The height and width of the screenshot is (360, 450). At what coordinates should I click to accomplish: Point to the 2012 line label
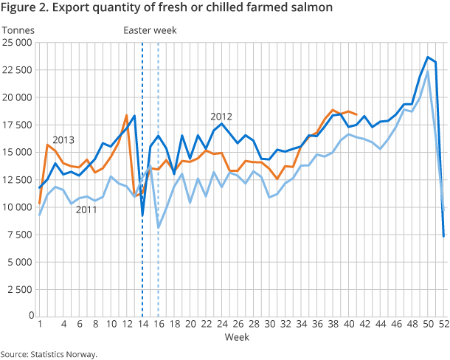(x=221, y=117)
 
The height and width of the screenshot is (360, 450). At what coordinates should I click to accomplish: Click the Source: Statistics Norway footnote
(x=49, y=354)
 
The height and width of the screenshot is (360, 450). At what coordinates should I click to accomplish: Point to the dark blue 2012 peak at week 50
(x=428, y=57)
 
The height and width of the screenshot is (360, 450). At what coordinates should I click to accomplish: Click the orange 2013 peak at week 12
(x=127, y=115)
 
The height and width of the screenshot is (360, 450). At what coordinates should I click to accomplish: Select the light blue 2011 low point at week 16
(x=159, y=227)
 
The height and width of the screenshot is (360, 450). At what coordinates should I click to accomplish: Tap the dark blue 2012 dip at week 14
(x=142, y=215)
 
